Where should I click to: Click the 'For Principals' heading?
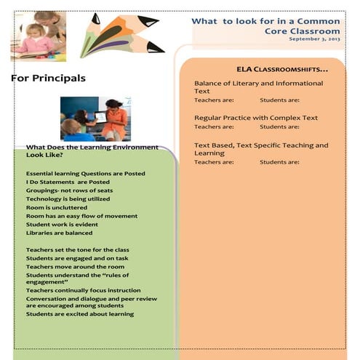(49, 78)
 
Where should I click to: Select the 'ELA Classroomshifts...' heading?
(282, 69)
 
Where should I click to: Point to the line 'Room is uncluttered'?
(56, 207)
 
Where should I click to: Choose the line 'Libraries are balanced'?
(59, 233)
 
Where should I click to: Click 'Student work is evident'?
(62, 224)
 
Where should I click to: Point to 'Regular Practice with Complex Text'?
(256, 116)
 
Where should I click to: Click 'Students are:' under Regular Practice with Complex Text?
(279, 127)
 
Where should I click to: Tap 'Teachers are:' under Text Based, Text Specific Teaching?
(214, 162)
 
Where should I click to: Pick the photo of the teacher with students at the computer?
(95, 119)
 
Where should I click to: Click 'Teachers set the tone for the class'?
(77, 249)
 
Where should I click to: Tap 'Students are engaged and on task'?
(78, 258)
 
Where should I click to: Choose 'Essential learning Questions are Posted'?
(85, 173)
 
